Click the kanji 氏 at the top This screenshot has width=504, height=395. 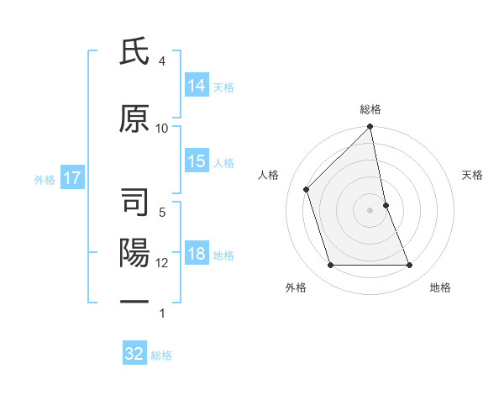(134, 53)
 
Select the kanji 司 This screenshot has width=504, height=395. (134, 203)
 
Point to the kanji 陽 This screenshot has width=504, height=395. (134, 252)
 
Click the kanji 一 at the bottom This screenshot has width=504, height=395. (134, 301)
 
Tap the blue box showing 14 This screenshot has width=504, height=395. (197, 86)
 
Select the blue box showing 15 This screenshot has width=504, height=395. (197, 161)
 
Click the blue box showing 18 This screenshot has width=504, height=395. (197, 255)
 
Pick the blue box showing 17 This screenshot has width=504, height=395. (71, 178)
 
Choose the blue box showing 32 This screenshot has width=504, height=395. (134, 354)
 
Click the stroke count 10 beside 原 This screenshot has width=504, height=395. (162, 128)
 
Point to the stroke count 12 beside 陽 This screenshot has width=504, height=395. (162, 262)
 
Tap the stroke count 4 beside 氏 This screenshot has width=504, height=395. (162, 61)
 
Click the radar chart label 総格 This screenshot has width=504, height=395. (370, 109)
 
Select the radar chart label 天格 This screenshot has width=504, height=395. (472, 175)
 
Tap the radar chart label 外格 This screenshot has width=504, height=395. (296, 287)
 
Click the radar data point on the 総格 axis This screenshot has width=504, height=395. (370, 128)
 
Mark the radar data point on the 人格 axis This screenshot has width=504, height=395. (307, 189)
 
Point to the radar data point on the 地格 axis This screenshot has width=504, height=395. (410, 266)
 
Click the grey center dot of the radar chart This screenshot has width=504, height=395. (370, 210)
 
